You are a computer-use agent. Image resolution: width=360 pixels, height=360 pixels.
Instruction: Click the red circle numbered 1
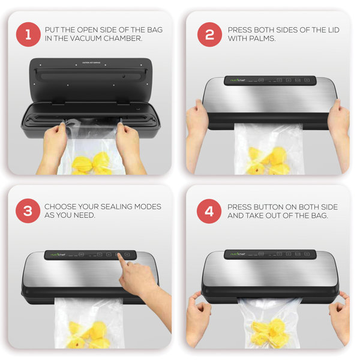(27, 35)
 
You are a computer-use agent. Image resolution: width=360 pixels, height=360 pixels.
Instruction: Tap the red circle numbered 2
(209, 35)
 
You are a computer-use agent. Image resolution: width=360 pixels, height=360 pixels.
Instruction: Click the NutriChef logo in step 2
(235, 80)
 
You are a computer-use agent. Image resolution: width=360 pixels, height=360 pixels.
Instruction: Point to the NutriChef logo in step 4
(235, 254)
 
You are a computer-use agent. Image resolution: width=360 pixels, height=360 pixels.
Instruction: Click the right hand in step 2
(338, 120)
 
